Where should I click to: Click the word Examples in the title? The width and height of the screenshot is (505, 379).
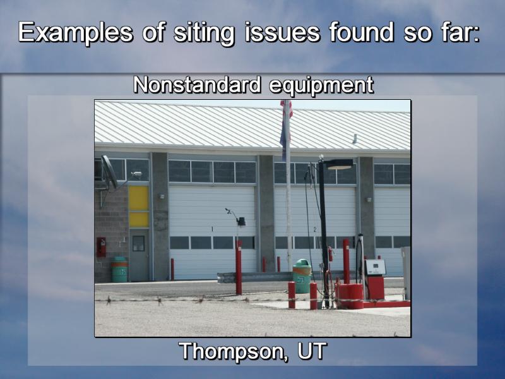(x=75, y=33)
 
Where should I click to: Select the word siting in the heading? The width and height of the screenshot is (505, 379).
(x=204, y=33)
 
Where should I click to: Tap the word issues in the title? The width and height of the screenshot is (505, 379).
(x=282, y=32)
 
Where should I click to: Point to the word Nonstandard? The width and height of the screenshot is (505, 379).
(x=197, y=85)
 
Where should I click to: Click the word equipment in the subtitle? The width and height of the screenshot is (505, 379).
(x=321, y=86)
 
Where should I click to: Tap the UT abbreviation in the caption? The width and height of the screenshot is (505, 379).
(x=312, y=351)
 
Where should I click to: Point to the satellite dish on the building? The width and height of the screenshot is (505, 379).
(x=109, y=172)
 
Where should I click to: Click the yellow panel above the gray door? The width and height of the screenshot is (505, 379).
(x=138, y=207)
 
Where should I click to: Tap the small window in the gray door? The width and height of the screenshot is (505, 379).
(x=138, y=243)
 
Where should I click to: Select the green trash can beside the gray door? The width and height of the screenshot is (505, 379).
(x=119, y=270)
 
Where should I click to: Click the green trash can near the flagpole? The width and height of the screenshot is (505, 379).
(x=302, y=276)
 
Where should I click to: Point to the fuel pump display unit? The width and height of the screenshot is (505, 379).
(x=375, y=267)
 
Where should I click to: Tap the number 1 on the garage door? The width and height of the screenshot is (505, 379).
(x=212, y=229)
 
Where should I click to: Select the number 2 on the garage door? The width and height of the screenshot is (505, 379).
(x=315, y=229)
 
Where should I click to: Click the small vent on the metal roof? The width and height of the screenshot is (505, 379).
(x=355, y=139)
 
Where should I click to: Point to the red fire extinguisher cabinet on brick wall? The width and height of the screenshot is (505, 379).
(x=101, y=247)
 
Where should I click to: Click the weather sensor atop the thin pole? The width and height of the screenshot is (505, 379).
(x=229, y=211)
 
